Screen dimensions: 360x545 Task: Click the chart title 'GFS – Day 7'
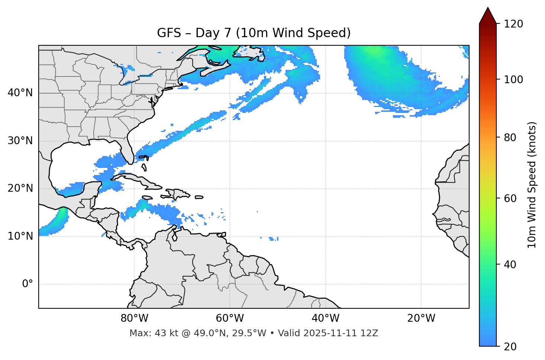click(254, 33)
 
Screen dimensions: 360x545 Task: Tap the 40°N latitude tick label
click(20, 93)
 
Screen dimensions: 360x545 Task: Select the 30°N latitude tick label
click(20, 141)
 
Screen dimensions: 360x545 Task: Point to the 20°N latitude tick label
click(20, 188)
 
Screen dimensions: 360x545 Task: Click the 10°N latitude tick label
click(20, 236)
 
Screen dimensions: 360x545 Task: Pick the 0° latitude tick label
click(28, 284)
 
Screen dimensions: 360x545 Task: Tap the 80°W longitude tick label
click(134, 318)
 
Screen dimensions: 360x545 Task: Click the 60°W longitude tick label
click(230, 318)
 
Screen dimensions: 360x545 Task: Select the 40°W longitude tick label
click(325, 318)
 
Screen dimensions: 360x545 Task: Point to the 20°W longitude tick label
click(421, 318)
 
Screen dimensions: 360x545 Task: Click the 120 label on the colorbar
click(514, 24)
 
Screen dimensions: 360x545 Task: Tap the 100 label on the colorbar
click(514, 80)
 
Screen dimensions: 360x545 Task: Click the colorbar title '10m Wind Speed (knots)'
click(532, 185)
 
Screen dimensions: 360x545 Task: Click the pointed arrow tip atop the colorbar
click(488, 9)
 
